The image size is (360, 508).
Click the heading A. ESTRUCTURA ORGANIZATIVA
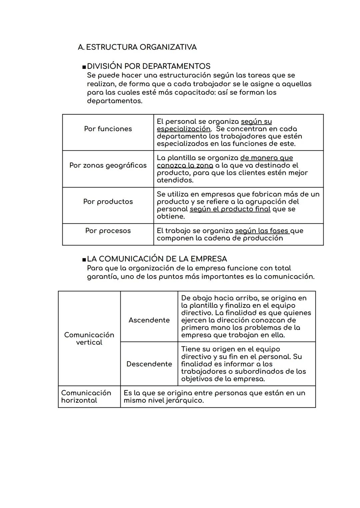point(137,47)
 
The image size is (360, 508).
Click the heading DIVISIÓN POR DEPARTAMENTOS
point(148,66)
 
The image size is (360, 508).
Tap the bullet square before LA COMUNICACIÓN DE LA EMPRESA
point(84,259)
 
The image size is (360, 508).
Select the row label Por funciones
point(108,129)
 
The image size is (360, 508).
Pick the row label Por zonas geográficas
point(108,166)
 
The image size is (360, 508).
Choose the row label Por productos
point(108,202)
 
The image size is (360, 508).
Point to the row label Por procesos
point(108,231)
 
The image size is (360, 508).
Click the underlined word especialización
point(183,129)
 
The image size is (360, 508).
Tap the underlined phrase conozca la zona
point(185,166)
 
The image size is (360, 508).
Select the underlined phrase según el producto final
point(230,209)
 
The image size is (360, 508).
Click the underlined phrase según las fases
point(262,231)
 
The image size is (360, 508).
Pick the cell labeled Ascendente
point(149,320)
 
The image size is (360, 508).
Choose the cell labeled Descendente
point(149,364)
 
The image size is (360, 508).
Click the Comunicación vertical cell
point(89,338)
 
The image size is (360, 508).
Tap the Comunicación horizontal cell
point(86,396)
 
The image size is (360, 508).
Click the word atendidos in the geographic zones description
point(175,180)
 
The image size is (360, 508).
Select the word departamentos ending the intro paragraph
point(114,101)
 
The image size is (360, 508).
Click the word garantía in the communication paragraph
point(102,277)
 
